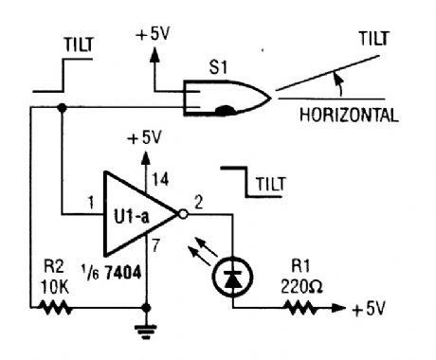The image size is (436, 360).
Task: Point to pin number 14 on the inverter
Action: click(x=157, y=177)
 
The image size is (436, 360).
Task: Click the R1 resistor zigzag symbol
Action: click(x=302, y=308)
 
